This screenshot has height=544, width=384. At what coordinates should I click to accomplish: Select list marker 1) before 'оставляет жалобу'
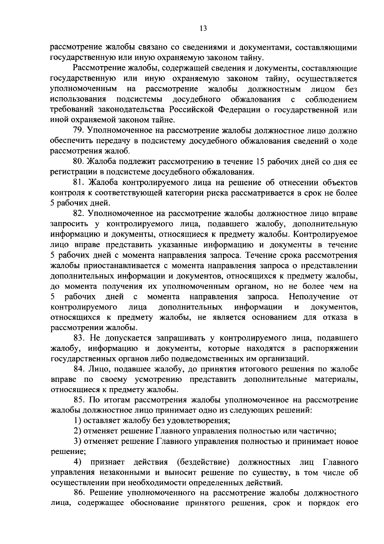coord(76,420)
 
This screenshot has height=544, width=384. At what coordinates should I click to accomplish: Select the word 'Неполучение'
coord(314,297)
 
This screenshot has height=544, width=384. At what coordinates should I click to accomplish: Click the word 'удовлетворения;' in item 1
coord(202,420)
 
